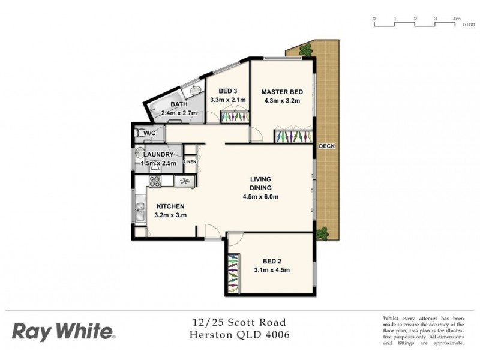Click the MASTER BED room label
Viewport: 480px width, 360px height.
pos(281,92)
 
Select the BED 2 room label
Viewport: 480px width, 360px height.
pos(272,261)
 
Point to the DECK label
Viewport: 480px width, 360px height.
pos(327,146)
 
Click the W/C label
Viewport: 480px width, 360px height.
pos(149,133)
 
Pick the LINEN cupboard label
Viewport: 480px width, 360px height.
pos(190,161)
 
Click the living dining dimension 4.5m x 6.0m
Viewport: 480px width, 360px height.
pos(260,196)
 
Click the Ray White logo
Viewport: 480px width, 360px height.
pos(62,331)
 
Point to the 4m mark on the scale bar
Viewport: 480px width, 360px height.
pos(457,19)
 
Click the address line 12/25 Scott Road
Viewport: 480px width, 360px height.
pos(239,322)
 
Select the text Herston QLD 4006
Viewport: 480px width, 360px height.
pos(239,335)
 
